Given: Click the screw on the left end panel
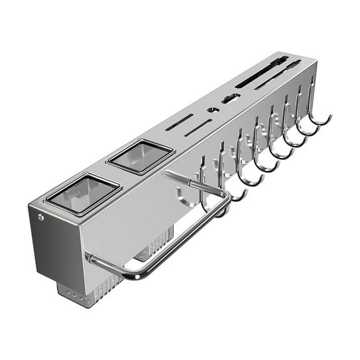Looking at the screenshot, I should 41,217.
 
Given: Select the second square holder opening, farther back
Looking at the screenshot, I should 140,156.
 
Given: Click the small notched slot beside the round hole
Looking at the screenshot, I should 229,98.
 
